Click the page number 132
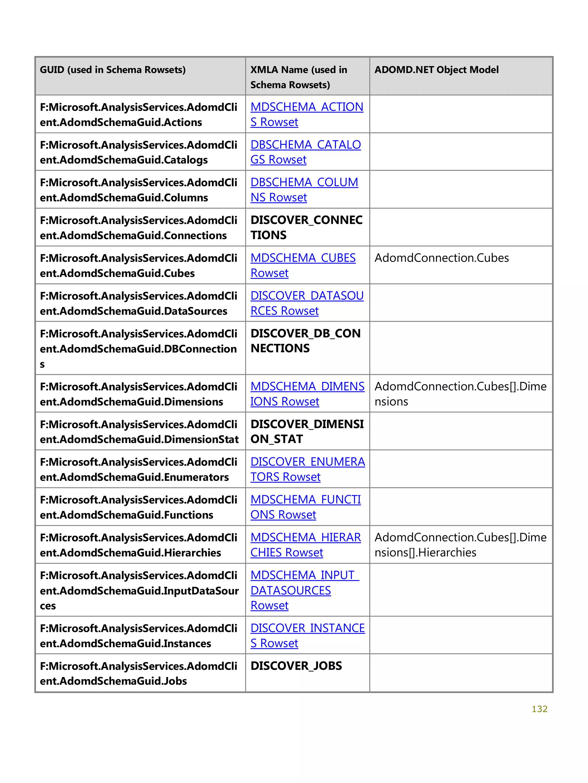point(539,709)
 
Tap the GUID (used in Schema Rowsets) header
point(113,70)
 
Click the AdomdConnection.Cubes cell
point(441,258)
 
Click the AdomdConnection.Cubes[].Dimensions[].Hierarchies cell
point(460,545)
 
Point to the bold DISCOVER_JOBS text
point(296,666)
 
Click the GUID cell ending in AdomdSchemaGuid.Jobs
point(138,673)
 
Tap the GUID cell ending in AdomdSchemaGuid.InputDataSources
point(139,591)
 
